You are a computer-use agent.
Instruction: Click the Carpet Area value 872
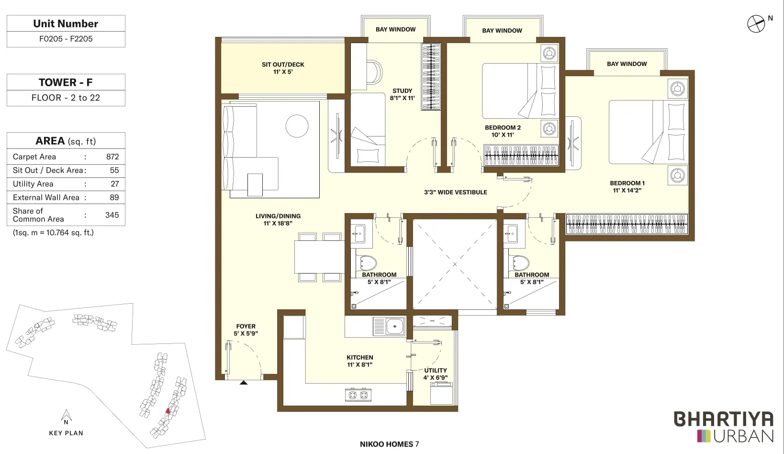click(x=112, y=157)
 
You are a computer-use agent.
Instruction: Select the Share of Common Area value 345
click(x=112, y=215)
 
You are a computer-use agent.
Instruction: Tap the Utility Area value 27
click(x=115, y=184)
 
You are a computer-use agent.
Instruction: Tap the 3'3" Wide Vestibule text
click(x=455, y=193)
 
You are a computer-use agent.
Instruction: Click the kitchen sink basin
click(x=395, y=327)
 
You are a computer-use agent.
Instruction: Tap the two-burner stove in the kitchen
click(x=358, y=395)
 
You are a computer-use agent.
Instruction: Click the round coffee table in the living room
click(x=297, y=126)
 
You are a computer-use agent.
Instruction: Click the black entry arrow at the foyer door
click(x=244, y=383)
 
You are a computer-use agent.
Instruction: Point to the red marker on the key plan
click(x=168, y=411)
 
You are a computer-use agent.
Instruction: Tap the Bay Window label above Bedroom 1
click(x=627, y=64)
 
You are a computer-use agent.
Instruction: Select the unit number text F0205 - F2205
click(x=66, y=39)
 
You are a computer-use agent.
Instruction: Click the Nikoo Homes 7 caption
click(x=389, y=444)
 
